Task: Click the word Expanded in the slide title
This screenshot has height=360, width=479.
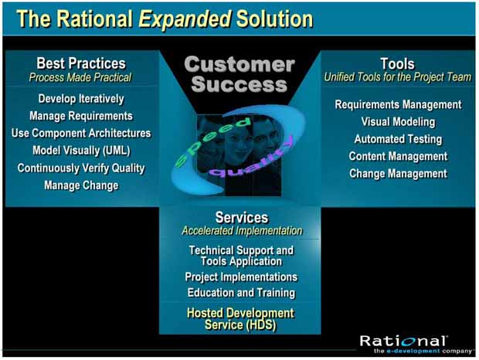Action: pos(185,19)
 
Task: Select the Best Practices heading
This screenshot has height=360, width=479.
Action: pos(81,63)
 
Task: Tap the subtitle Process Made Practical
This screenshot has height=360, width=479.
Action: pos(80,77)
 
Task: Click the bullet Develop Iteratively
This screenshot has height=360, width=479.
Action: pos(81,99)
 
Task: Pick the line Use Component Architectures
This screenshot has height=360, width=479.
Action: pos(81,133)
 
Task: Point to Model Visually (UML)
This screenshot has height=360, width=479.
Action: pos(81,151)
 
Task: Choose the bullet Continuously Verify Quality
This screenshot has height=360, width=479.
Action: pos(81,168)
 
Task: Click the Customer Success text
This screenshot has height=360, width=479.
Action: pos(239,74)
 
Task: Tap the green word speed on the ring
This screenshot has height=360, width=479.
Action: pos(211,141)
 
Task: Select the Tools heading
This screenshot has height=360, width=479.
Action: pos(397,64)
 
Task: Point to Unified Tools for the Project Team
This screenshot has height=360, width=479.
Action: pos(397,77)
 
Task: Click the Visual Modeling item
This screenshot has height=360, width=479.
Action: pos(398,122)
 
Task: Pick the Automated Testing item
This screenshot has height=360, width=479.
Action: pos(398,139)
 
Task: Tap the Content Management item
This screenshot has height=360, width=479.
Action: pos(398,156)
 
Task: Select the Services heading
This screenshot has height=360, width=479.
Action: pos(242,217)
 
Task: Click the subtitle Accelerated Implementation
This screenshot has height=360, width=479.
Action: pos(242,231)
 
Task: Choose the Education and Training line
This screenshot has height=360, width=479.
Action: pos(241,293)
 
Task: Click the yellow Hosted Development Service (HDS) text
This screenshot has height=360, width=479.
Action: pos(240,319)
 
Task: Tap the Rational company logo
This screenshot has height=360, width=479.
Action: pos(416,345)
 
